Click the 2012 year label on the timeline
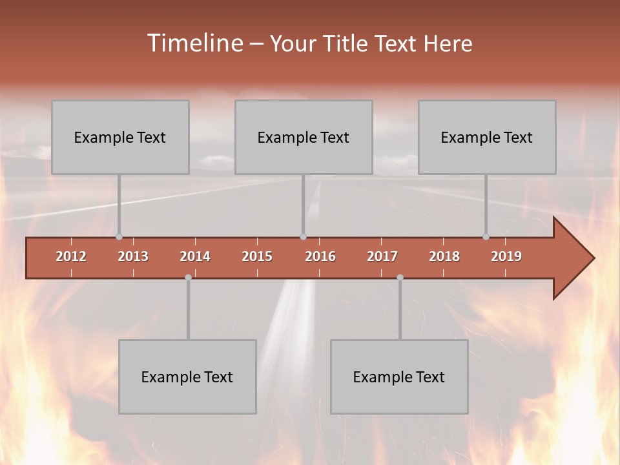pyautogui.click(x=71, y=256)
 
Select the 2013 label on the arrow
pyautogui.click(x=133, y=256)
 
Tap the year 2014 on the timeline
pyautogui.click(x=195, y=256)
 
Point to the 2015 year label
pyautogui.click(x=257, y=256)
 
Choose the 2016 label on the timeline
pyautogui.click(x=320, y=256)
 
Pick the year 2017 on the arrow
pyautogui.click(x=382, y=256)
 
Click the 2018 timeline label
pyautogui.click(x=444, y=256)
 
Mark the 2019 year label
pyautogui.click(x=506, y=256)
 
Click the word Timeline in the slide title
pyautogui.click(x=194, y=43)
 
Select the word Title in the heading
pyautogui.click(x=347, y=44)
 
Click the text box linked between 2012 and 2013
pyautogui.click(x=120, y=137)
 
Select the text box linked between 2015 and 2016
pyautogui.click(x=304, y=137)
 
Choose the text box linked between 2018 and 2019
pyautogui.click(x=487, y=137)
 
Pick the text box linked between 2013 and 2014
pyautogui.click(x=187, y=377)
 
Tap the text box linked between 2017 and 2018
pyautogui.click(x=399, y=377)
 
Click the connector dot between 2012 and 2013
pyautogui.click(x=119, y=237)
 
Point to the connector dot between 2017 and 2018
pyautogui.click(x=400, y=278)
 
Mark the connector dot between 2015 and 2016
pyautogui.click(x=304, y=237)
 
